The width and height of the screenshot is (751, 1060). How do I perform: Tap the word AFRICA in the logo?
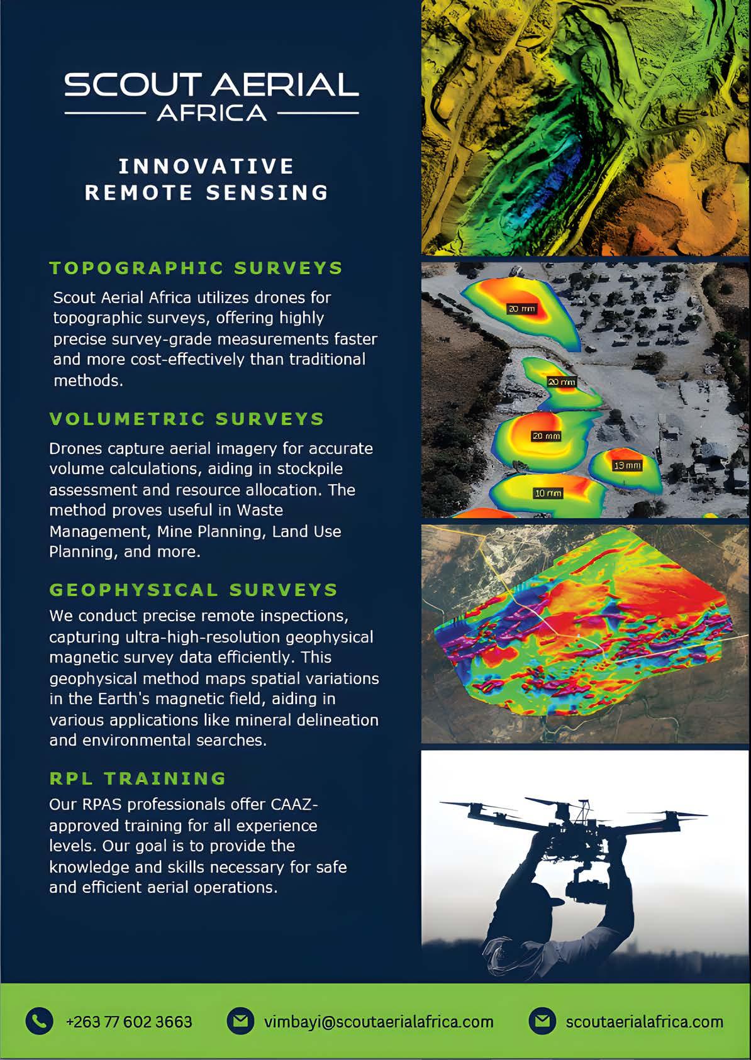coord(212,113)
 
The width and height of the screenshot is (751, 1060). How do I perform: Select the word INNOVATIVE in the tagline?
coord(206,166)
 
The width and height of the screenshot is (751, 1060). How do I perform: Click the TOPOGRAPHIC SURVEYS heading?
coord(196,268)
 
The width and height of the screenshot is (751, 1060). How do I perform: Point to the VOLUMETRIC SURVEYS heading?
coord(187,419)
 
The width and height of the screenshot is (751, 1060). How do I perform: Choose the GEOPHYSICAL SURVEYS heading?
coord(194,590)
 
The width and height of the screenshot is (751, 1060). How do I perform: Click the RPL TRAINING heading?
coord(138,778)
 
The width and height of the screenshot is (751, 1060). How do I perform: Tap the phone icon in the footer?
coord(39,1021)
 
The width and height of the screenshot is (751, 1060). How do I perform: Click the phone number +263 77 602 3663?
coord(129,1022)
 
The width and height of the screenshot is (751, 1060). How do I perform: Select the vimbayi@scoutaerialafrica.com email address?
coord(378,1022)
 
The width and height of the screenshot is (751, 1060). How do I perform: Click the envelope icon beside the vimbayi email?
coord(240,1021)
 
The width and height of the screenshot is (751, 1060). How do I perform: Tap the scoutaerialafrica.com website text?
coord(644,1022)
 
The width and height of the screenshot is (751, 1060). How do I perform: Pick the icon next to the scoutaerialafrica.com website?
coord(542,1021)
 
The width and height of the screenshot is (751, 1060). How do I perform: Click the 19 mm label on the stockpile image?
coord(627,466)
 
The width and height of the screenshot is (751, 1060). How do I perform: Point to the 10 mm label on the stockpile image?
coord(548,494)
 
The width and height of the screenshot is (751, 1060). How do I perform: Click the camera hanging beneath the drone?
coord(577,888)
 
